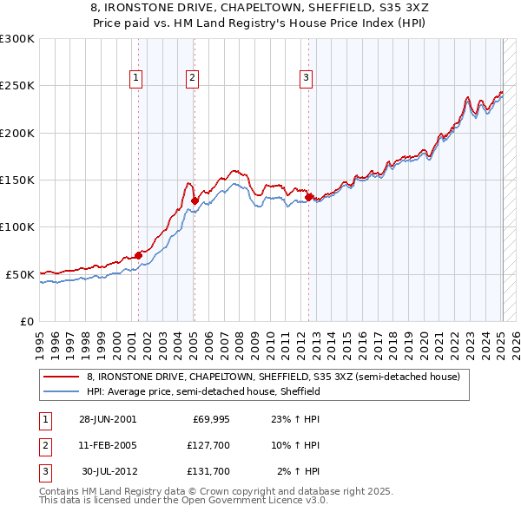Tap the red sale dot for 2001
click(138, 255)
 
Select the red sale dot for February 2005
click(195, 201)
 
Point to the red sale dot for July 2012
click(308, 198)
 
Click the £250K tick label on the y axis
click(17, 86)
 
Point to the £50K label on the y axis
click(20, 274)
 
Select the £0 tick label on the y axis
click(26, 321)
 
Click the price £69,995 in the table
click(210, 419)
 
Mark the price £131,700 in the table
click(208, 471)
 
